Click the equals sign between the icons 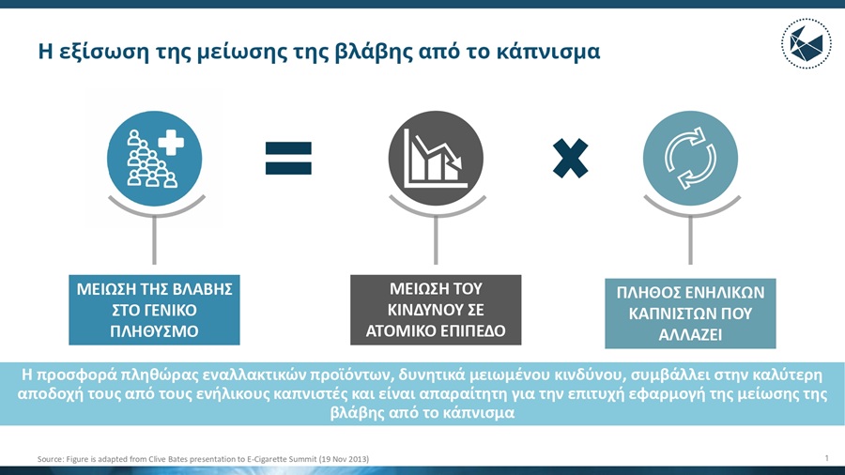[288, 157]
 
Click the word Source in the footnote [50, 458]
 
